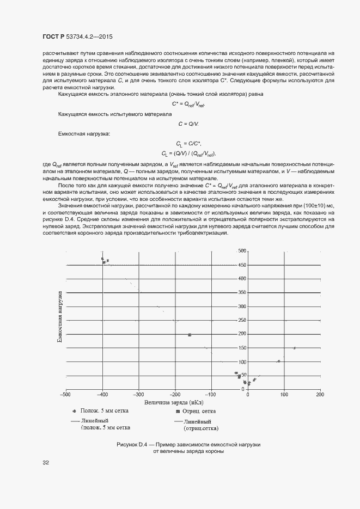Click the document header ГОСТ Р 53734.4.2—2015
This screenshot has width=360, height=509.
click(77, 37)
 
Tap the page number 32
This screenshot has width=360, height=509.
click(46, 463)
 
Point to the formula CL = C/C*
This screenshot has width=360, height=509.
click(188, 144)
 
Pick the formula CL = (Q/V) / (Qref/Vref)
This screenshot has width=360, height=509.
click(188, 154)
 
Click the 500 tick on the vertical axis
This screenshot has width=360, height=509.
click(242, 251)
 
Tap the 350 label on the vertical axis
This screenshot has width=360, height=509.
click(242, 292)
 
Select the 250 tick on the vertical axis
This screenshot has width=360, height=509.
click(242, 320)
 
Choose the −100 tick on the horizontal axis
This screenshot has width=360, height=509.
click(211, 394)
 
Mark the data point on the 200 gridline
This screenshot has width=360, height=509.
click(190, 334)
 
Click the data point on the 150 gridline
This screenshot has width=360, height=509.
click(295, 348)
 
